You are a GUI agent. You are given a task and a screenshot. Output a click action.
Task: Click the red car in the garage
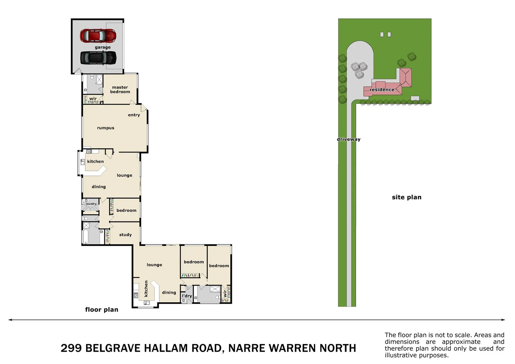click(x=98, y=35)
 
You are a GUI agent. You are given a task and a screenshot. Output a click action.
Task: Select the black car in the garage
click(x=98, y=58)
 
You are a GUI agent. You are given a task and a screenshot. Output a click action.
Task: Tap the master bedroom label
click(x=120, y=90)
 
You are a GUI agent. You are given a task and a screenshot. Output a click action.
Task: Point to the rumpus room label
click(x=105, y=128)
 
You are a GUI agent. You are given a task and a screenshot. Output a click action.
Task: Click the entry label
click(x=134, y=115)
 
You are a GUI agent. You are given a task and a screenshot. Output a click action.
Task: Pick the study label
click(x=125, y=235)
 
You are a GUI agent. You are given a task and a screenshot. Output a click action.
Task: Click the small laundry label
click(x=91, y=204)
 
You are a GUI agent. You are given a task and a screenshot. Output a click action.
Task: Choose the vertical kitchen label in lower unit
click(x=146, y=289)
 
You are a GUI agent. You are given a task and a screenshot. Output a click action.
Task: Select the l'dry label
click(x=187, y=296)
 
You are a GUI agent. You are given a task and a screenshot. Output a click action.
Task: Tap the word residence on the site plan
click(x=382, y=90)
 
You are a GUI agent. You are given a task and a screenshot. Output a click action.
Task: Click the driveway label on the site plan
click(x=349, y=139)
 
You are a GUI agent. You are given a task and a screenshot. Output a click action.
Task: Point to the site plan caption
click(x=406, y=197)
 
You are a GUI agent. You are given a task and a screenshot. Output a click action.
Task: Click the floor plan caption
click(x=101, y=309)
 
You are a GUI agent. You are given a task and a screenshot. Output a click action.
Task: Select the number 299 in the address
click(x=71, y=348)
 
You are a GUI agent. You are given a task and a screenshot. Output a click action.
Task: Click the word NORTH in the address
click(x=338, y=348)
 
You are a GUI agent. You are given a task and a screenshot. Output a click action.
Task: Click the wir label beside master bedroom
click(x=93, y=99)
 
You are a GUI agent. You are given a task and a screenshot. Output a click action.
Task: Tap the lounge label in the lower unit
click(x=154, y=265)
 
